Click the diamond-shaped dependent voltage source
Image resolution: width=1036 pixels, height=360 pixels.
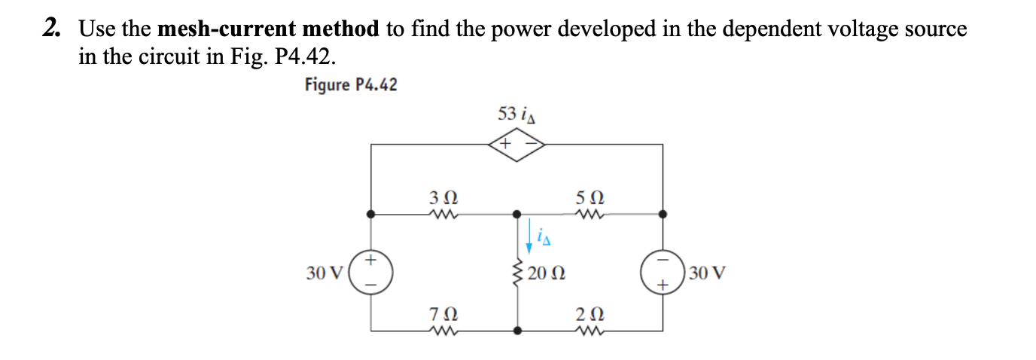click(x=516, y=143)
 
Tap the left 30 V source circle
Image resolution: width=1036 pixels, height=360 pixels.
click(x=370, y=272)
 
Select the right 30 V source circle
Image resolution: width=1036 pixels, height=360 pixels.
click(x=663, y=272)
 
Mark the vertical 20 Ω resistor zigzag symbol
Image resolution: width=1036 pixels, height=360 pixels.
click(x=517, y=273)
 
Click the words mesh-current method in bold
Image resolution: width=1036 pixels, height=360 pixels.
click(x=269, y=29)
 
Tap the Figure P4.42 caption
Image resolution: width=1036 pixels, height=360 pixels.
click(x=351, y=84)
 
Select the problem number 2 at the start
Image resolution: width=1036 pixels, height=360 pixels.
click(x=51, y=29)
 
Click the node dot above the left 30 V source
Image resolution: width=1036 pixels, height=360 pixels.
click(x=370, y=214)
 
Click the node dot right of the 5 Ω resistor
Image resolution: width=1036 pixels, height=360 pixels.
click(x=663, y=214)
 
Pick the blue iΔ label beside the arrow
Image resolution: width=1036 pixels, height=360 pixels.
click(x=546, y=239)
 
